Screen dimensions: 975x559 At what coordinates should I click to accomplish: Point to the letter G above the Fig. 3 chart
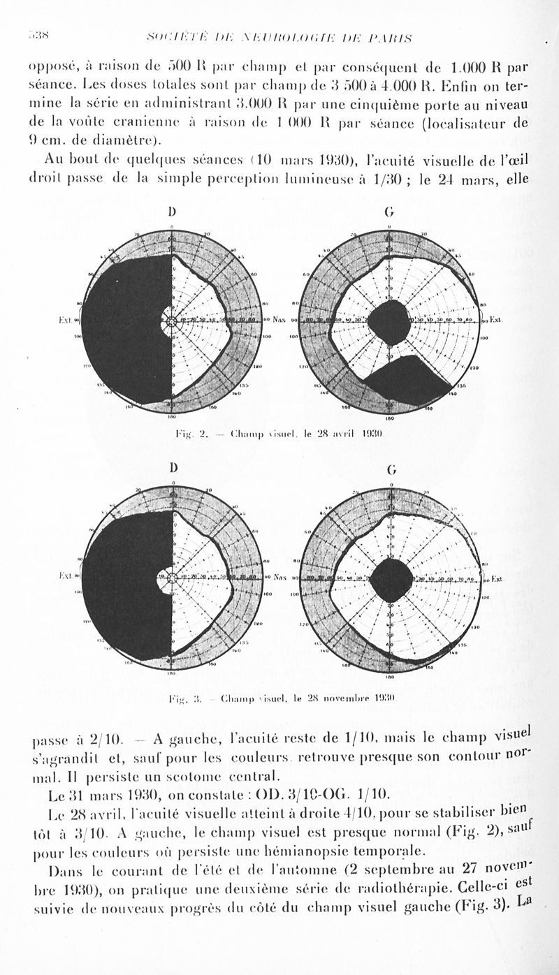(x=391, y=469)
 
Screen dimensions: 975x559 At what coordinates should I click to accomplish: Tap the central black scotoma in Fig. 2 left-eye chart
(x=389, y=322)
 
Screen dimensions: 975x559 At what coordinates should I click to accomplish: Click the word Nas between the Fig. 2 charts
(x=279, y=320)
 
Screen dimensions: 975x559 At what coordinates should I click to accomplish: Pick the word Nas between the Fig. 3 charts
(x=281, y=578)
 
